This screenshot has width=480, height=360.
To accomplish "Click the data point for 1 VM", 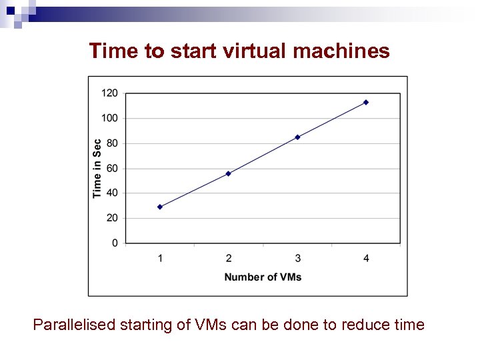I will click(x=160, y=207).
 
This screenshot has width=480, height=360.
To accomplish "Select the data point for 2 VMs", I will click(x=229, y=173).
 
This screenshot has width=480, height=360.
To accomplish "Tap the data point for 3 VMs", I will click(x=297, y=137).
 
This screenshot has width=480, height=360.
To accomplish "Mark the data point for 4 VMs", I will click(x=366, y=102).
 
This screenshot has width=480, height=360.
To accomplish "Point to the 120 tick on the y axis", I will click(x=109, y=93).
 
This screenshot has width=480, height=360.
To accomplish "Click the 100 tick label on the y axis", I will click(x=109, y=118).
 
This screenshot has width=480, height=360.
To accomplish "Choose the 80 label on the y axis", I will click(x=112, y=143).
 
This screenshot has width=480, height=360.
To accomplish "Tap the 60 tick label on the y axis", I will click(x=112, y=168).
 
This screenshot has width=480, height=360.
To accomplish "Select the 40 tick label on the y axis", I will click(x=112, y=193).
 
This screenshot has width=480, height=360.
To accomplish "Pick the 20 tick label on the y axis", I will click(x=112, y=218).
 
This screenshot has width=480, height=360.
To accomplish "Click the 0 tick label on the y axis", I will click(x=115, y=243).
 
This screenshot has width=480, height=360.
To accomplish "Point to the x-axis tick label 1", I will click(x=160, y=258).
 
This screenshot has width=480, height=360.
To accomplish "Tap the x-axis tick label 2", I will click(x=229, y=258).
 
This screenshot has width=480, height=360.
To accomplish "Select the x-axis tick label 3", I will click(x=297, y=258).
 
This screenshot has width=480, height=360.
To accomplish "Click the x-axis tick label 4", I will click(x=366, y=258).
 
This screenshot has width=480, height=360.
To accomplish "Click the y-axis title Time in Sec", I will click(x=97, y=168).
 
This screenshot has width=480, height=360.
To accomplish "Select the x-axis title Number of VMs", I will click(x=263, y=277).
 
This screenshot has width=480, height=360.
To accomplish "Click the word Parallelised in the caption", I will click(x=74, y=325).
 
